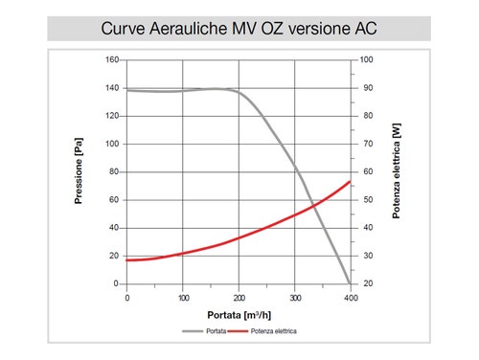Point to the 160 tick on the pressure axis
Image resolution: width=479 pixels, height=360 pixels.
point(112,60)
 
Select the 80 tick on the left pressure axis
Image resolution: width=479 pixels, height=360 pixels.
point(114,172)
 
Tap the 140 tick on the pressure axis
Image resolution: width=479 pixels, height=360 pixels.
point(112,88)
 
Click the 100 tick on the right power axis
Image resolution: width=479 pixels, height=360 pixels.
point(365,60)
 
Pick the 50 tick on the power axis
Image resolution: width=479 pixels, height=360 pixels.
point(364,200)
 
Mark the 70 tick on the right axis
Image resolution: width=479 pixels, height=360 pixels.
point(364,145)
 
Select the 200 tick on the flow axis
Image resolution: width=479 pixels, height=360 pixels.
point(239,298)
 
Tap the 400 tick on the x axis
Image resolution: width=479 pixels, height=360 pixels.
point(351,298)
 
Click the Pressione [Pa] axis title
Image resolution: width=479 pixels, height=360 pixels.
point(80,172)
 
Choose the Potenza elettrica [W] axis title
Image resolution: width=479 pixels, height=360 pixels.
point(396,172)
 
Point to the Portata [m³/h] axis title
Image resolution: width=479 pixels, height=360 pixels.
point(239,314)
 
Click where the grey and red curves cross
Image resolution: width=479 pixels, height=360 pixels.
point(311,203)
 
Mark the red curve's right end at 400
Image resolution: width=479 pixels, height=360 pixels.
point(351,182)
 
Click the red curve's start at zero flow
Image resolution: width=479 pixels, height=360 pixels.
point(127,260)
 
